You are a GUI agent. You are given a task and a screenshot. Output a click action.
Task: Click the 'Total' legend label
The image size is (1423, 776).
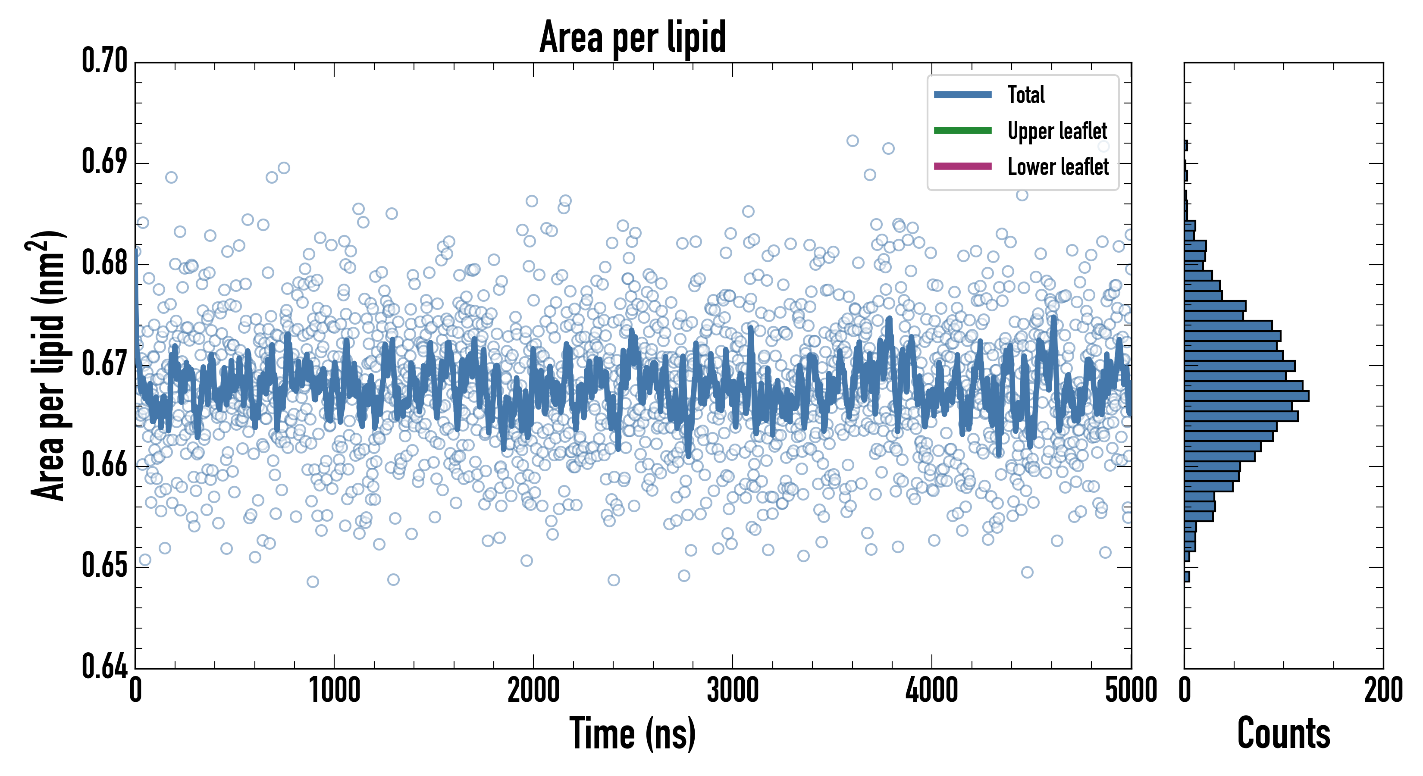pos(1026,94)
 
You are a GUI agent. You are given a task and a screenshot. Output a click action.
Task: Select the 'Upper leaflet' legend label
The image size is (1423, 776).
pos(1057,131)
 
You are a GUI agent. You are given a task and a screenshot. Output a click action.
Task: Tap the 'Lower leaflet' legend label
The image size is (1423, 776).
pos(1058,166)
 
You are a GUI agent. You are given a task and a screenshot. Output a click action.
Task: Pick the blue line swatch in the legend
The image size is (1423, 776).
pos(962,94)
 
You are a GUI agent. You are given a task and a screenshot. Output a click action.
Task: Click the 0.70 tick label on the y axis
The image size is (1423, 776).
pos(104,61)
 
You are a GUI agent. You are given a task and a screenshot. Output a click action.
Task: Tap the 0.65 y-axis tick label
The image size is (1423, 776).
pos(104,566)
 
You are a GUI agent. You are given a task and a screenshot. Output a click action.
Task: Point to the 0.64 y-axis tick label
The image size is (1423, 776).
pos(104,666)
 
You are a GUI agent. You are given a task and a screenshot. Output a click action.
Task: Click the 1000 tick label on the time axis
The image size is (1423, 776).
pos(334,690)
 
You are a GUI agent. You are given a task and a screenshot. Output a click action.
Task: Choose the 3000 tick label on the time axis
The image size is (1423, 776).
pos(733,690)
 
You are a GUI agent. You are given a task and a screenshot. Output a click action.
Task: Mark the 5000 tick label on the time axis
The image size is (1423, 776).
pos(1131,690)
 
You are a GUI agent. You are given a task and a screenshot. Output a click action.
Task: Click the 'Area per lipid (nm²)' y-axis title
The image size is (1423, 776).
pos(47,366)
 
